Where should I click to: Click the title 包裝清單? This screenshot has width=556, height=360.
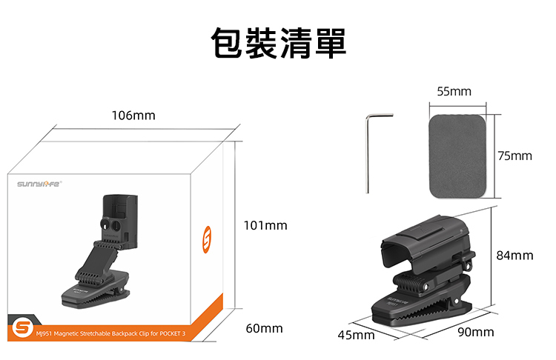[278, 43]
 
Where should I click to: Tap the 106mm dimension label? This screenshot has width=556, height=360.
[133, 116]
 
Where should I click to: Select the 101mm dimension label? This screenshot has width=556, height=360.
[265, 224]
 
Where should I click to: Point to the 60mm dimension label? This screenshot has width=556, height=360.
[264, 328]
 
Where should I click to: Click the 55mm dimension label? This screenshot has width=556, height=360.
[454, 91]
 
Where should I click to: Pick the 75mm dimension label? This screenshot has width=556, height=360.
[515, 156]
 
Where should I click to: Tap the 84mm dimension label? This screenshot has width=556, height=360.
[514, 255]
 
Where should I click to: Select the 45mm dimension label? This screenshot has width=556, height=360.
[356, 336]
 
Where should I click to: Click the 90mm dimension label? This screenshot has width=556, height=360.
[476, 332]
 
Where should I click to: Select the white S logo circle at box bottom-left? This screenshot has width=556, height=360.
[23, 327]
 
